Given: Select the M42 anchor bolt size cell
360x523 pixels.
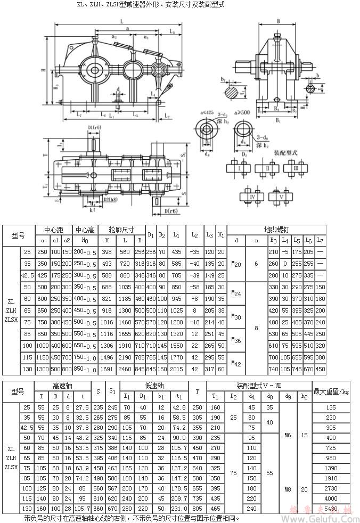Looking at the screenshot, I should [x=236, y=362].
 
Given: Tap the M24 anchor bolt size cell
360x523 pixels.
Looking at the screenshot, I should [x=236, y=293].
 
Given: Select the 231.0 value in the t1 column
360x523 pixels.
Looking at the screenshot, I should [x=179, y=509].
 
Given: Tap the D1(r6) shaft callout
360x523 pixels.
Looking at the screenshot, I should [x=94, y=127].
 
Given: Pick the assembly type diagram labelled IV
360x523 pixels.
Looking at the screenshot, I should [x=251, y=197].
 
